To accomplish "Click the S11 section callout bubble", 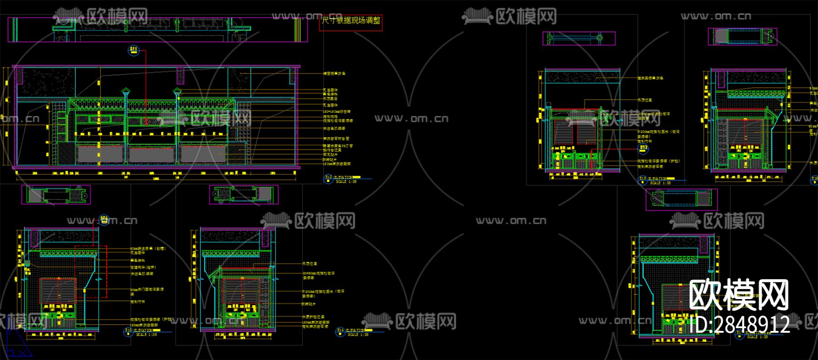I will coord(133,50).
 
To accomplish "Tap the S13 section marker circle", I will coord(643,148).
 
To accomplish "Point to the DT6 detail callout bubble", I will coord(104,220).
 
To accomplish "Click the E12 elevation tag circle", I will coord(328,179).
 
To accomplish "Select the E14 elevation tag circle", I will coord(340,332).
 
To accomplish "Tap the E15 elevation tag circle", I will coord(643,180).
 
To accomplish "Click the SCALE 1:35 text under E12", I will coord(346,182).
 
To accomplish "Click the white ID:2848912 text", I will coord(739,325).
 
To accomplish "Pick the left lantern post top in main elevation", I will coord(125,92).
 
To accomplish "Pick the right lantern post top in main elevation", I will coord(177,92).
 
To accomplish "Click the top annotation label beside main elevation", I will coord(334,74).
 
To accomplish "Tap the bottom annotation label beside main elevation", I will coord(337,164).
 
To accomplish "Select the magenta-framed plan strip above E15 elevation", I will coord(579,38).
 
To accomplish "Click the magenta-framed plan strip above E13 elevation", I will coord(56,195).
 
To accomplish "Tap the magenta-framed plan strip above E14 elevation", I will coord(244,195).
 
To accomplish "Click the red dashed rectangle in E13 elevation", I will coord(91,272).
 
